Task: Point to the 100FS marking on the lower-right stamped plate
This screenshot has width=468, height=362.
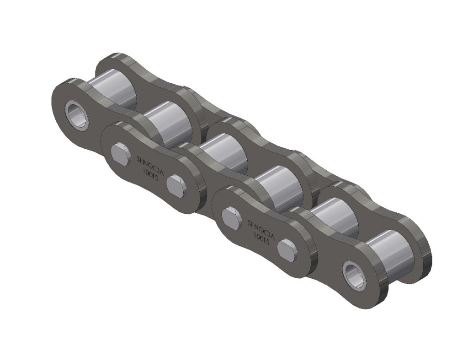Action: tap(261, 238)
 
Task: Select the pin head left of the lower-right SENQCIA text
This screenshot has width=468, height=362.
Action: tap(232, 216)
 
